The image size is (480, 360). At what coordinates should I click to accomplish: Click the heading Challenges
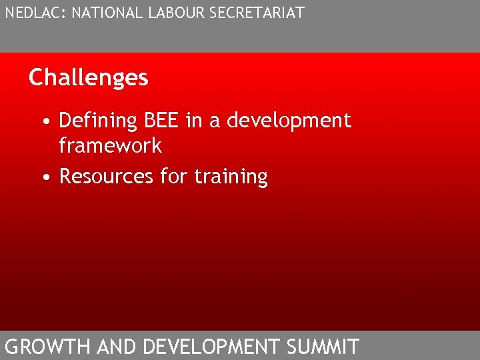[88, 78]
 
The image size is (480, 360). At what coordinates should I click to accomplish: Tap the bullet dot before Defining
[43, 122]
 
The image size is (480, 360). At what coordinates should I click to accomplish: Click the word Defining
[97, 121]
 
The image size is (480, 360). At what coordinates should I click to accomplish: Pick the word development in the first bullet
[289, 121]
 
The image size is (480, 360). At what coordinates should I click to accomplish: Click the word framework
[110, 145]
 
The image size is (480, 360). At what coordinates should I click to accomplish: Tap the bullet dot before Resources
[43, 178]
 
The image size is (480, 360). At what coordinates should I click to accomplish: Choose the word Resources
[107, 177]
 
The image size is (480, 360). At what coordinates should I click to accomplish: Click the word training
[231, 177]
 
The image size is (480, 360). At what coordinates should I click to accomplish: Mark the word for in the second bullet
[175, 177]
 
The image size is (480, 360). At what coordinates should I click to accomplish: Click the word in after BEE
[193, 121]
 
